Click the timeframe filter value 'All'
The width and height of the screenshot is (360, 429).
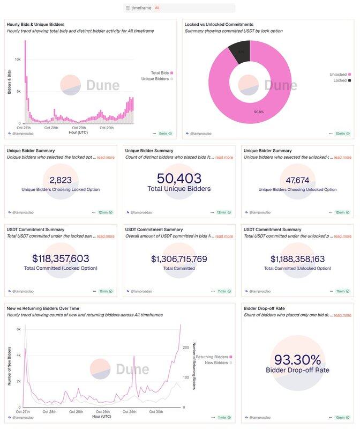coord(157,8)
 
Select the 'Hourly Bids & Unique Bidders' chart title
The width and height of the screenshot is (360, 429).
coord(35,24)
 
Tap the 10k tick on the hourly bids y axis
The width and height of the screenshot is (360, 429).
coord(18,59)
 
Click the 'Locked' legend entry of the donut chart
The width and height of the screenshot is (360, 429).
coord(340,80)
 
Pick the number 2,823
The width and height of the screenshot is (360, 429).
coord(61,180)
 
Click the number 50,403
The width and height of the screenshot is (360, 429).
coord(179,179)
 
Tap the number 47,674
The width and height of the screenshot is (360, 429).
coord(297,180)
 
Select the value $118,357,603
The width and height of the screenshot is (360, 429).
coord(61,259)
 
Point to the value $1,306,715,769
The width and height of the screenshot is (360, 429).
coord(179,259)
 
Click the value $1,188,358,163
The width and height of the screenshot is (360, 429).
coord(297,259)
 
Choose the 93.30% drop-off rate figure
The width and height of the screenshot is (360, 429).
coord(297,359)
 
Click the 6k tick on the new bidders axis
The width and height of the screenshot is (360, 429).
coord(18,329)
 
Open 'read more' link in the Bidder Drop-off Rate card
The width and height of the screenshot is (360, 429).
coord(342,315)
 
